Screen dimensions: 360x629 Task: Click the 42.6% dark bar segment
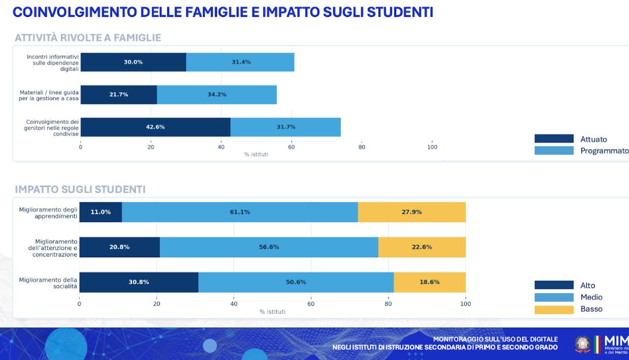coord(155,127)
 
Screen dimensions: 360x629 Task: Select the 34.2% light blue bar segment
coord(216,94)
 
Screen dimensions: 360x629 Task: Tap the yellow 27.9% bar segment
coord(411,212)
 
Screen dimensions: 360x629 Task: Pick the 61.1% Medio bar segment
coord(240,212)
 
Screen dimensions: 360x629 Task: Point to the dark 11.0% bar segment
coord(101,212)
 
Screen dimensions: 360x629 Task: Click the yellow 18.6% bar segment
coord(429,282)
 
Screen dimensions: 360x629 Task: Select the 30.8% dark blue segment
coord(139,282)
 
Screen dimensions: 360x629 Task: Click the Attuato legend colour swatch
coord(554,139)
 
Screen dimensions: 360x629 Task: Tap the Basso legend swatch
coord(554,309)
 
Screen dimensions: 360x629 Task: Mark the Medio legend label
coord(591,297)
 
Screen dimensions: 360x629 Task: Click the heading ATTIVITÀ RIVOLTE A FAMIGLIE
coord(88,38)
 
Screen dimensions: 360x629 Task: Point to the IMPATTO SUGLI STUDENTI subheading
coord(80,189)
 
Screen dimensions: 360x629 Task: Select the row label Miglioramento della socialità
coord(48,283)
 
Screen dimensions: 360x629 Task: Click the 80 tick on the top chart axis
coord(362,147)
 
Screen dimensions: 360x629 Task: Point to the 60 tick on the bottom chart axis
coord(311,304)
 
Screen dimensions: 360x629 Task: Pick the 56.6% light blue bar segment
coord(269,247)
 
